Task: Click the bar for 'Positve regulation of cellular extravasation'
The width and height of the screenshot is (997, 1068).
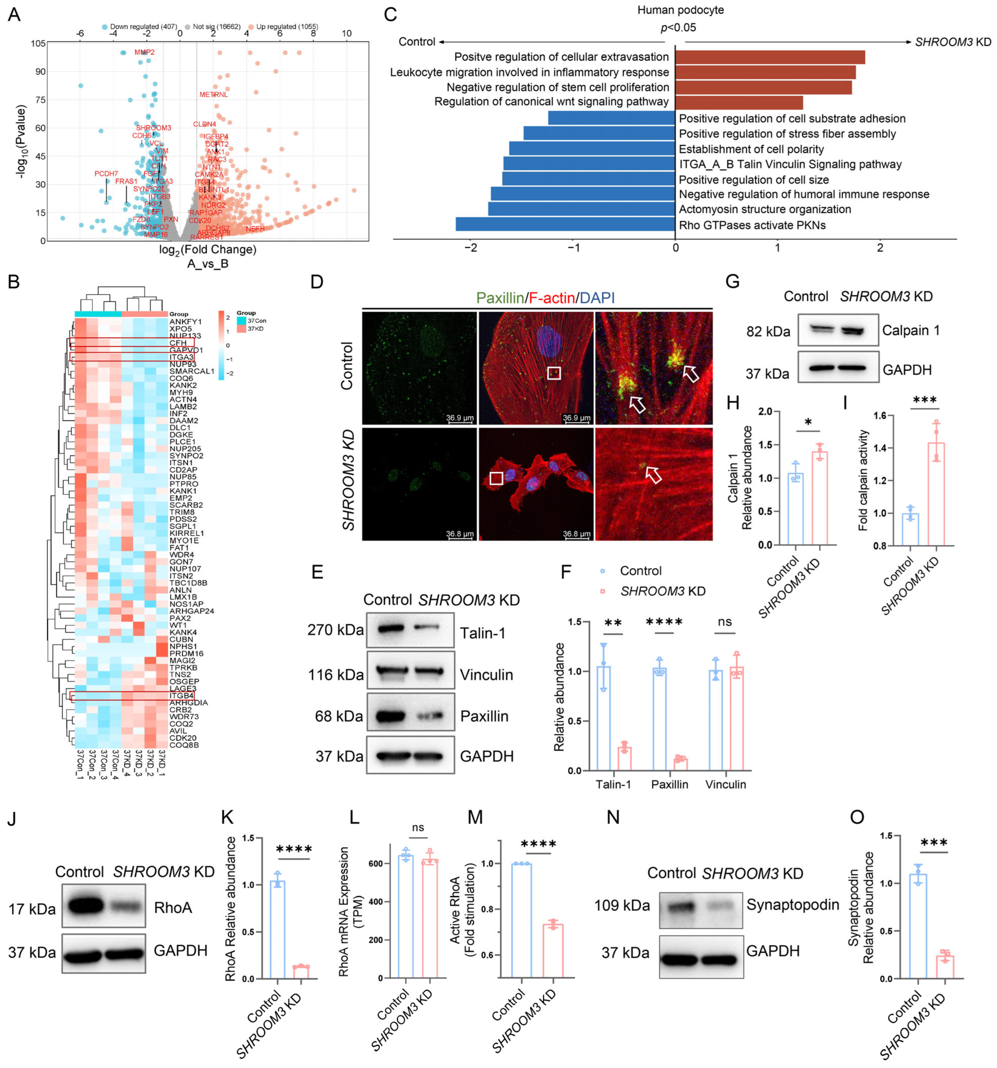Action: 769,57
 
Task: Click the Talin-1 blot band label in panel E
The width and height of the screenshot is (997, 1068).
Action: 482,633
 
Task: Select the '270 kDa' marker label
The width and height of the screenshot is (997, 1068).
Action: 335,630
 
